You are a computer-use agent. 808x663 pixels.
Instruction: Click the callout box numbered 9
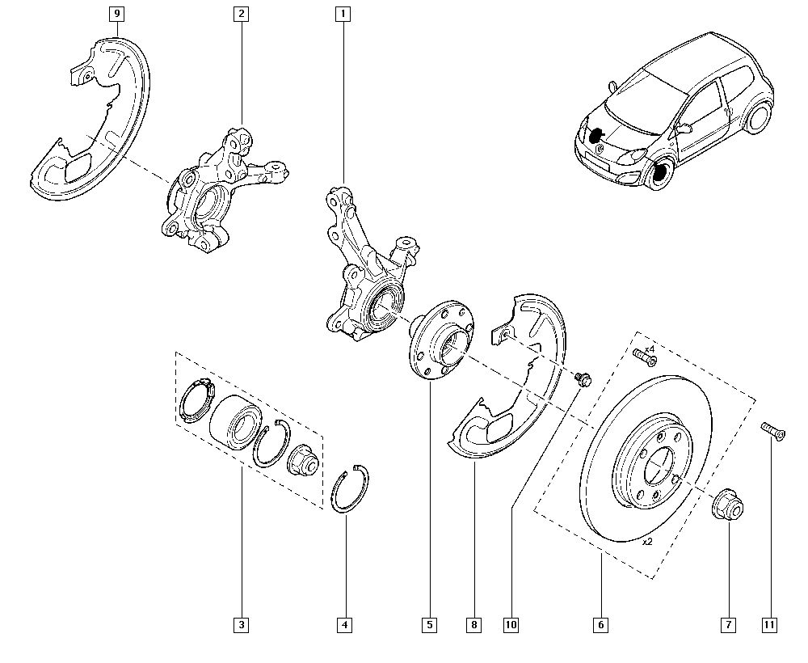click(x=118, y=14)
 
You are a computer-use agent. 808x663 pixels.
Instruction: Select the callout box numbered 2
click(x=241, y=14)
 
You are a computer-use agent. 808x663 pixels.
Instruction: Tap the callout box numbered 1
click(x=344, y=14)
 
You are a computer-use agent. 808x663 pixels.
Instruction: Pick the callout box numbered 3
click(x=241, y=624)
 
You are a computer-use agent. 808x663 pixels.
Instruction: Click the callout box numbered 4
click(x=345, y=624)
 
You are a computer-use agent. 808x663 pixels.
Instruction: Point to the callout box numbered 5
click(x=428, y=624)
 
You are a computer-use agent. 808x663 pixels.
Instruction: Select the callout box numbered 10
click(x=511, y=624)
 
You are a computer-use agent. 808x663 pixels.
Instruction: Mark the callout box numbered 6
click(x=601, y=624)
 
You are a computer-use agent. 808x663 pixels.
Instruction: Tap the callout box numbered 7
click(x=727, y=624)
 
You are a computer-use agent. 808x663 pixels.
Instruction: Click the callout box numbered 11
click(x=771, y=624)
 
